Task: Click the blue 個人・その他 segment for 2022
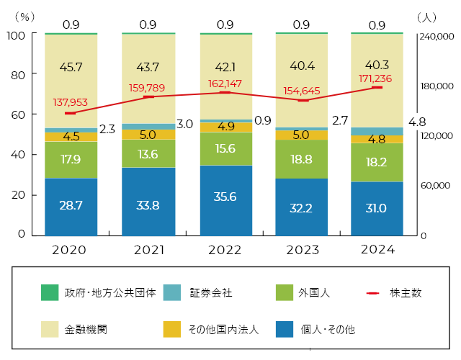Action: [x=225, y=200]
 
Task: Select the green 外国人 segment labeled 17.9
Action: [x=71, y=160]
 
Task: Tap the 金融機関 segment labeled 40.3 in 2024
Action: [x=377, y=64]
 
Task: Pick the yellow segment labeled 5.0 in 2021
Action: [x=148, y=135]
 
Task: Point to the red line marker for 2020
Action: [x=71, y=113]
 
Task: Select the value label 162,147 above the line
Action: [x=225, y=84]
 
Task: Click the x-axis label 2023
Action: [x=303, y=251]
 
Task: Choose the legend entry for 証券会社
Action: [x=211, y=293]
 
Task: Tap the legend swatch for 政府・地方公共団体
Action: [x=50, y=293]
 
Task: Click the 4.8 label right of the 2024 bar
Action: [x=417, y=122]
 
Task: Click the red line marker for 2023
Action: [x=303, y=100]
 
